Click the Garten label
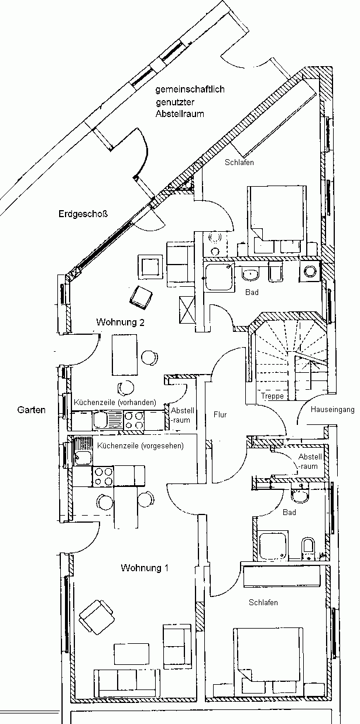coord(31,410)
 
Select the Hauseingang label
coord(332,409)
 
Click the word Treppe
coord(273,396)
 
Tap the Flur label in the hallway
coord(220,415)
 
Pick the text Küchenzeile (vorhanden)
coord(115,403)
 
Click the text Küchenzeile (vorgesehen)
coord(140,445)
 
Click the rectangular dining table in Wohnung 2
coord(125,354)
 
